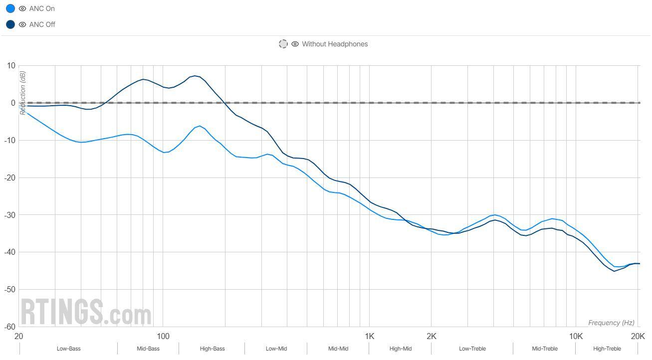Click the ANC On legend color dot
click(10, 8)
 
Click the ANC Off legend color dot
click(10, 24)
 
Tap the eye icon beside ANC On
click(22, 8)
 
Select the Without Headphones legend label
click(334, 44)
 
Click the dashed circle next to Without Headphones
click(283, 44)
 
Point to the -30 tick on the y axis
click(10, 215)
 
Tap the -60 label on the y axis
click(10, 327)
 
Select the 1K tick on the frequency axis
click(369, 337)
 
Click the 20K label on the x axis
click(638, 337)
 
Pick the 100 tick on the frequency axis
click(163, 337)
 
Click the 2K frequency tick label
click(432, 337)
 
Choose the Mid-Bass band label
click(148, 349)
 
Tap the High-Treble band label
click(607, 349)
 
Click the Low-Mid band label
click(276, 349)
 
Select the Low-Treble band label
click(472, 349)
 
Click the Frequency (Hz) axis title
click(611, 323)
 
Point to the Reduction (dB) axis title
click(22, 93)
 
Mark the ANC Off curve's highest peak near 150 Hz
click(196, 76)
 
